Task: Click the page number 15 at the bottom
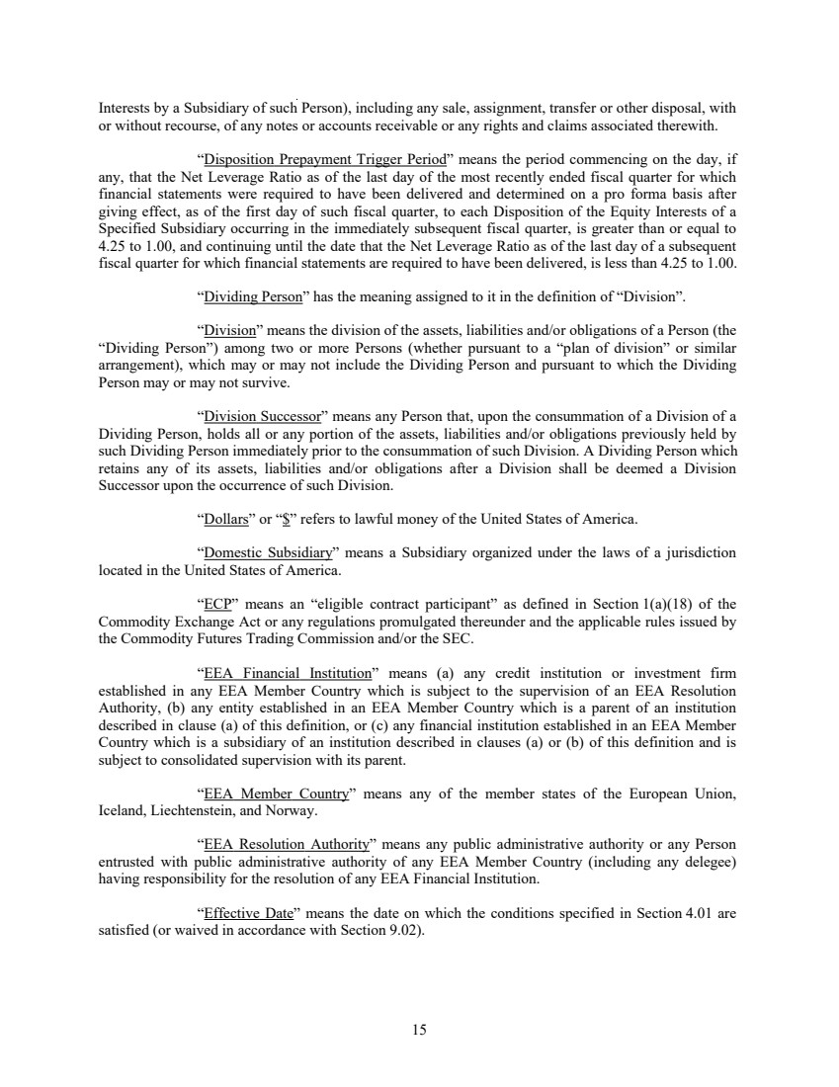[x=419, y=1030]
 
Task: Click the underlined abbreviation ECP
[x=217, y=605]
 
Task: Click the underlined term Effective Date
[x=242, y=913]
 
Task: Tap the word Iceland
[x=125, y=811]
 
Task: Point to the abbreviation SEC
[x=460, y=638]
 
